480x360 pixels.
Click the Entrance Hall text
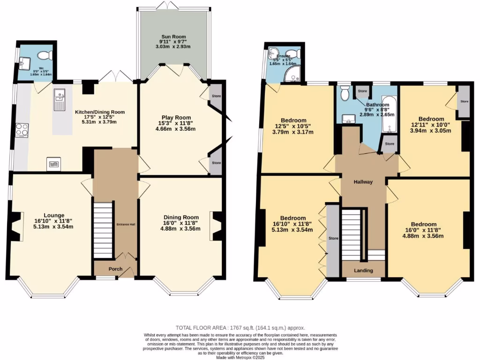[126, 225]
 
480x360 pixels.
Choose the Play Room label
[174, 118]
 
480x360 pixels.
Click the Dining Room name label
[180, 217]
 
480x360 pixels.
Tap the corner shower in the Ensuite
[295, 72]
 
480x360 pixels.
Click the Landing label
[363, 270]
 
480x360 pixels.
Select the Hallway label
[363, 182]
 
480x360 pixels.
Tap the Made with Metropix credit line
[240, 357]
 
